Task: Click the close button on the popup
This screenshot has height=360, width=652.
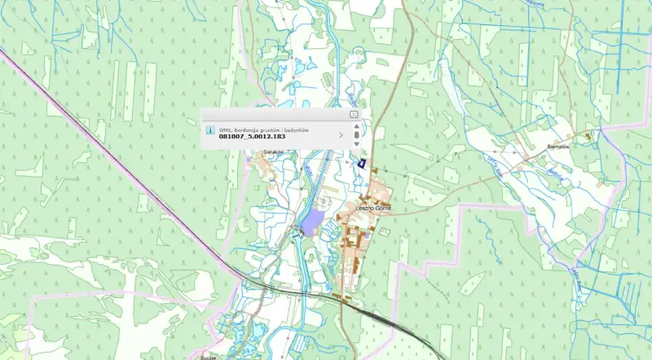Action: coord(354,115)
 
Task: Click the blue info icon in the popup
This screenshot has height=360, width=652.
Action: coord(210,130)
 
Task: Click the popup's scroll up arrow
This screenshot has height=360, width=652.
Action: coord(356,125)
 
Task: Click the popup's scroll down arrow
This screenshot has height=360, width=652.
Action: coord(356,144)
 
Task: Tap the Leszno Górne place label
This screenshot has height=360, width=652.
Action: coord(374,209)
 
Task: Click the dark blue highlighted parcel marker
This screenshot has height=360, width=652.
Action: coord(360,164)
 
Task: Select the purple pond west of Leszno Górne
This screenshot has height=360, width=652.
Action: coord(312,219)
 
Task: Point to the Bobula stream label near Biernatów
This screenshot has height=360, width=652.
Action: coord(556,173)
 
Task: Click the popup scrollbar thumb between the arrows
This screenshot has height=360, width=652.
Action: coord(356,135)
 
